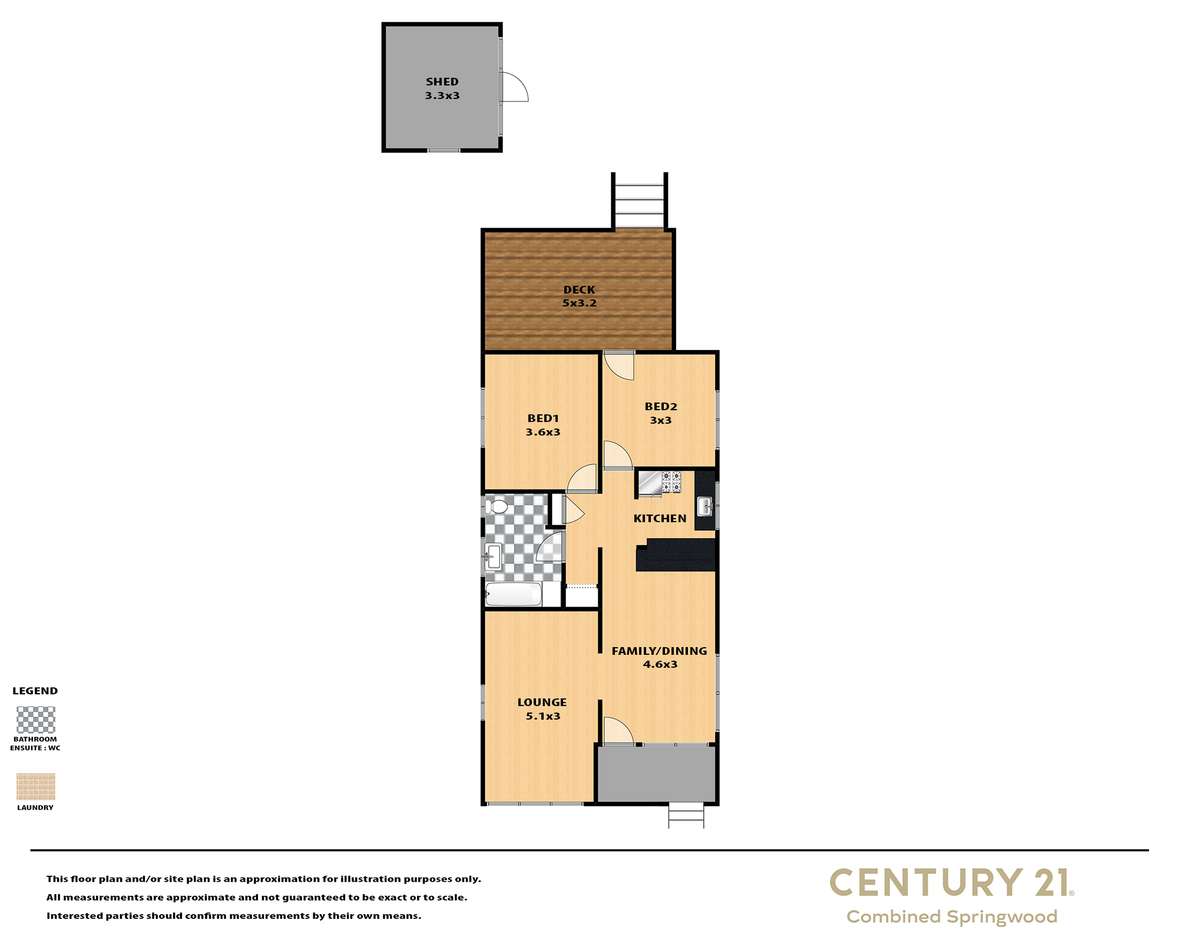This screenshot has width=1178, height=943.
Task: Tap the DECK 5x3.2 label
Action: coord(580,296)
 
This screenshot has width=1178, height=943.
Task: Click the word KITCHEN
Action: coord(660,519)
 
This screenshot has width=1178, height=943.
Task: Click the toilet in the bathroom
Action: coord(497,506)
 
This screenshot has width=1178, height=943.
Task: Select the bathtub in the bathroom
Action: coord(513,594)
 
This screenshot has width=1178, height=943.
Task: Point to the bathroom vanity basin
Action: coord(493,556)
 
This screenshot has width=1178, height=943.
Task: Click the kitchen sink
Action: coord(705,506)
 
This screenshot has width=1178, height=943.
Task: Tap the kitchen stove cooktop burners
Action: coord(671,482)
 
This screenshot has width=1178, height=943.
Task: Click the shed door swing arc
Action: coord(515,87)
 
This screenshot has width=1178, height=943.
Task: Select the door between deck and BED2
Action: coord(619,365)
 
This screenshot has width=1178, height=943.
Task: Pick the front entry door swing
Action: coord(618,731)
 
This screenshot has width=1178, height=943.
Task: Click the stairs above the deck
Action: coord(640,200)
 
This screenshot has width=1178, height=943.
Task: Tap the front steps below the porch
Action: coord(686,816)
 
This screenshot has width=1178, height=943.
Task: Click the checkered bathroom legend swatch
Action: coord(36,720)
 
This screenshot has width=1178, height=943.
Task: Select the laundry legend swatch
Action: coord(36,787)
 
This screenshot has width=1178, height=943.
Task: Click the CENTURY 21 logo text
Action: coord(952,883)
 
